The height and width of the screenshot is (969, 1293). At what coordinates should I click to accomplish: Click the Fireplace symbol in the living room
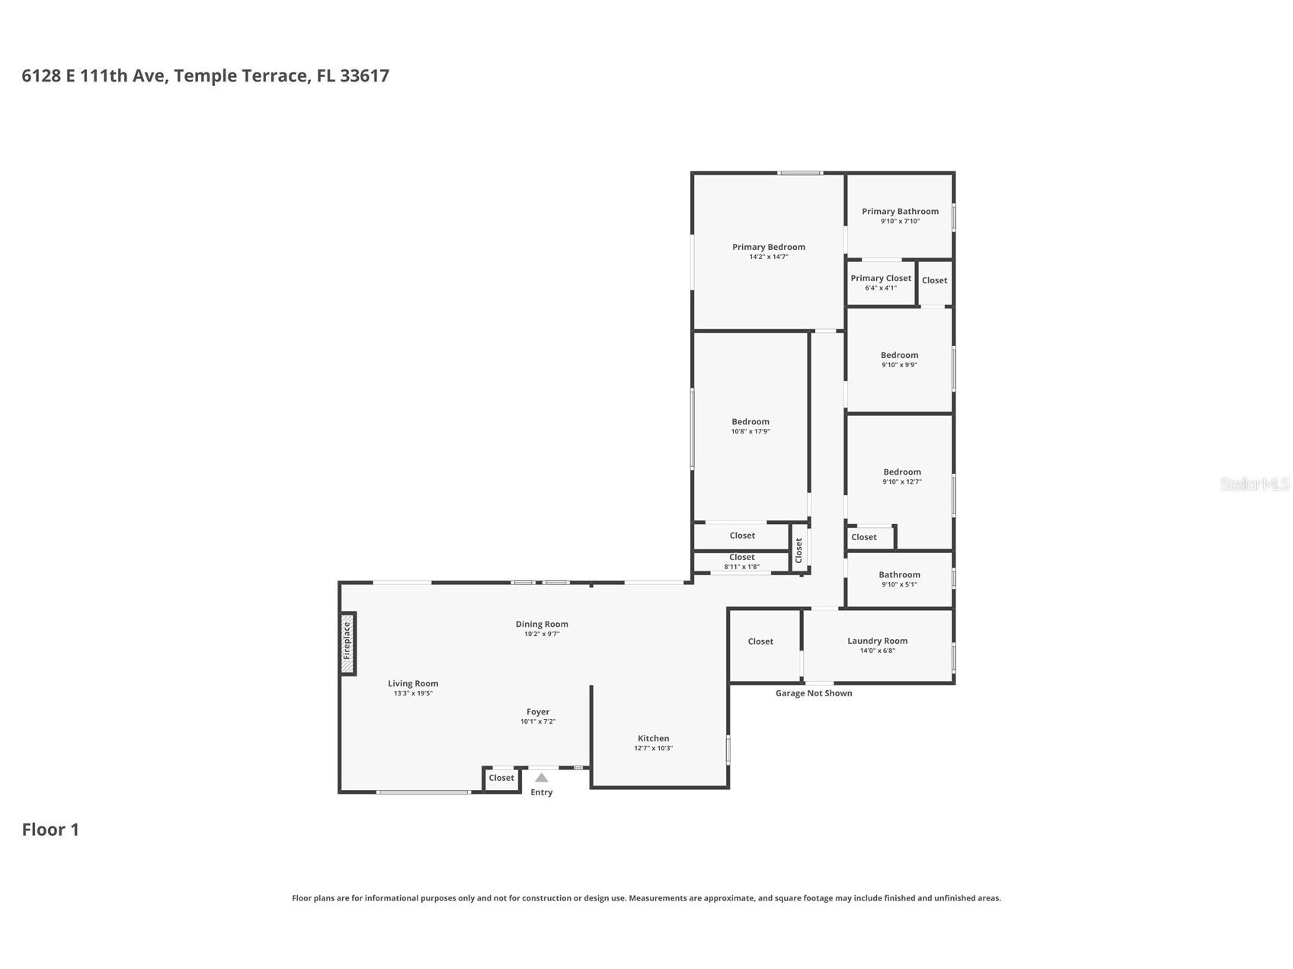coord(347,643)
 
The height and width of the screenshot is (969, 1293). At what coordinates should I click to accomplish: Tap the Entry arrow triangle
coord(541,778)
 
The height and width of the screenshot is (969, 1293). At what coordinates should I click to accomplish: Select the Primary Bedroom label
coord(768,247)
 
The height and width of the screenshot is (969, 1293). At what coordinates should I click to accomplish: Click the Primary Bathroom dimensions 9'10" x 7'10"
coord(900,222)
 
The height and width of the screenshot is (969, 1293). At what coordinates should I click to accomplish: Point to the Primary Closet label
coord(881,278)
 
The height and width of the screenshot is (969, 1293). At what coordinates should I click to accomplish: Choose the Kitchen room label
coord(653,738)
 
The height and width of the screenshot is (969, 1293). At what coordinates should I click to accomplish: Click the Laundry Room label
coord(877,641)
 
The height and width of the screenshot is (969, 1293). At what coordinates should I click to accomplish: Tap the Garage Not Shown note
coord(814,693)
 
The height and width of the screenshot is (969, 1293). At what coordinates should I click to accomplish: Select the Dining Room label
coord(542,624)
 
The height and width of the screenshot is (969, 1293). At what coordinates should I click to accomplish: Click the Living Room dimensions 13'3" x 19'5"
coord(413,694)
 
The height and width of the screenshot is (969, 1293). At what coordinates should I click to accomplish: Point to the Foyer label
coord(538,712)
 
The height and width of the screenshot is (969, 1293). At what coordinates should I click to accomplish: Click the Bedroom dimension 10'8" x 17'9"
coord(751,432)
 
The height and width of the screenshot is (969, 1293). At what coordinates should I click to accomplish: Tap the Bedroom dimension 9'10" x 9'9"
coord(899,365)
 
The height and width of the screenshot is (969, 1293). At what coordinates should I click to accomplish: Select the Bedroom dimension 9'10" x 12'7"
coord(902,481)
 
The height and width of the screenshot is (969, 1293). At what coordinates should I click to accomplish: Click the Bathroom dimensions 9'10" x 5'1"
coord(899,585)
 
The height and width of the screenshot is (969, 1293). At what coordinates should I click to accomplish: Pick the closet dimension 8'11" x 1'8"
coord(741,567)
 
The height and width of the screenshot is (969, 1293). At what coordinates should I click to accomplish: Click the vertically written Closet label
coord(799,550)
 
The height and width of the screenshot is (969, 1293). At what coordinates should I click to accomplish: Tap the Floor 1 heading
coord(50,830)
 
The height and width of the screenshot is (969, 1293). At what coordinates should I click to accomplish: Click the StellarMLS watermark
coord(1254,484)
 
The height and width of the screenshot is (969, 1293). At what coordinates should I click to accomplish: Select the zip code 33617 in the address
coord(364,75)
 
